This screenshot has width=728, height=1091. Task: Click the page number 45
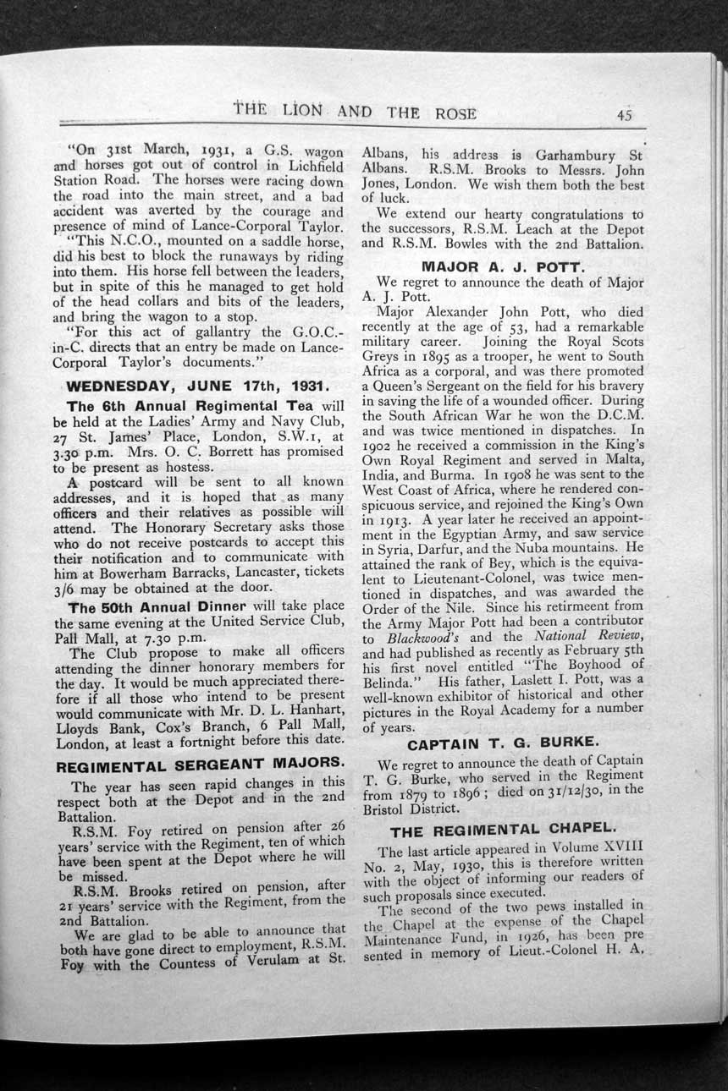625,116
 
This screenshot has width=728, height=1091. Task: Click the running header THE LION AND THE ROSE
355,112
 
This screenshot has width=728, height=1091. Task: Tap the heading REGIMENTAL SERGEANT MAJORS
200,766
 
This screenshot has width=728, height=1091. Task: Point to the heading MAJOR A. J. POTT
504,266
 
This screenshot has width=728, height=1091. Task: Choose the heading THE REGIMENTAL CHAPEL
504,830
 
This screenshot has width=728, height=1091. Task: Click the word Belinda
391,682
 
